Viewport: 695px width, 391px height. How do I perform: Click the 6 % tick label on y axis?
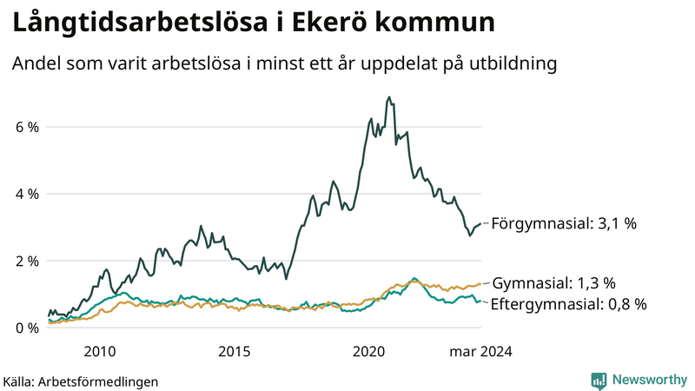click(x=26, y=127)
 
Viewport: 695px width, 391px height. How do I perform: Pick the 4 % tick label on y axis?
click(x=26, y=194)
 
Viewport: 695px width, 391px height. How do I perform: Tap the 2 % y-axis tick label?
click(x=26, y=261)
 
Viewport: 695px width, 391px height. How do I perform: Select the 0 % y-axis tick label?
click(x=26, y=328)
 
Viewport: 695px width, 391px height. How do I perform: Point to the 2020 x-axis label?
click(x=369, y=352)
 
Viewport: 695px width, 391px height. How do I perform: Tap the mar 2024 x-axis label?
click(x=480, y=352)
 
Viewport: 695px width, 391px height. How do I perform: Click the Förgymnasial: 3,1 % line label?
click(x=564, y=223)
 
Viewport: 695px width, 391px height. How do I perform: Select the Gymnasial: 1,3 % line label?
click(x=553, y=283)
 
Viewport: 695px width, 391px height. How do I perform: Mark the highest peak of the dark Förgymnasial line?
click(x=388, y=97)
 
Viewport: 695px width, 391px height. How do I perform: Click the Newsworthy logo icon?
click(x=599, y=380)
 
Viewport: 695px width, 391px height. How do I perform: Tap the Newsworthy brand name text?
click(x=648, y=380)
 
